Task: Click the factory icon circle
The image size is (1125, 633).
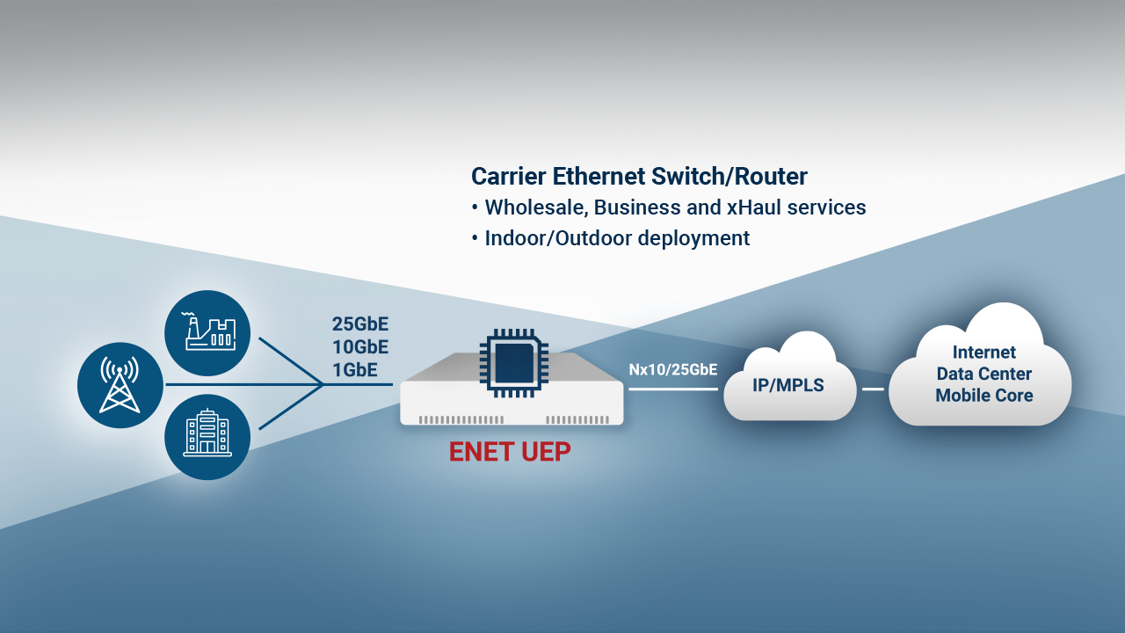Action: click(207, 333)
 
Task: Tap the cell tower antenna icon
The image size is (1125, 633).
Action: click(120, 385)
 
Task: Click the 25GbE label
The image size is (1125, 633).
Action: click(360, 324)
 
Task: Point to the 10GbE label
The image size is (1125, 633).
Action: click(360, 347)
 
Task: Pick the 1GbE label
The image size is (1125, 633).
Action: click(355, 370)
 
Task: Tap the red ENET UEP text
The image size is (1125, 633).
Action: click(510, 452)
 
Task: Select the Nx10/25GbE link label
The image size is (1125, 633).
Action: click(673, 370)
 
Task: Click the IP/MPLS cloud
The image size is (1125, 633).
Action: click(788, 385)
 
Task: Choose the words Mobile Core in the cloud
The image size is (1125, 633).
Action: click(983, 396)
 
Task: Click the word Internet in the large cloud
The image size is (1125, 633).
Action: click(984, 353)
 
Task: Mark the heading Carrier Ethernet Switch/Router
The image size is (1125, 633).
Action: click(639, 177)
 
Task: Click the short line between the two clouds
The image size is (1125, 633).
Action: click(872, 389)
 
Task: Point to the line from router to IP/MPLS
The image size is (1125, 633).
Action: click(672, 389)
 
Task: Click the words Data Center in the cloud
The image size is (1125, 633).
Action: click(983, 374)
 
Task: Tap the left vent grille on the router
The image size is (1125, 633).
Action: click(461, 419)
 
